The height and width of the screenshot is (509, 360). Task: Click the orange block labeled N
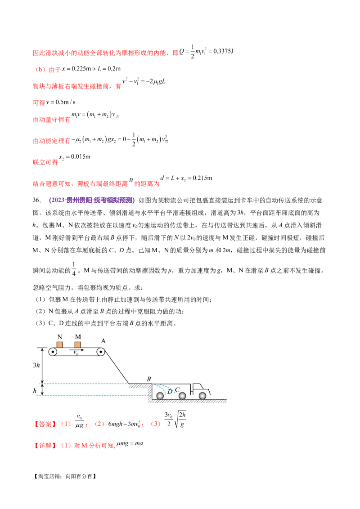(60, 344)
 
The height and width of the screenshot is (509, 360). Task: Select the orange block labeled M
(78, 344)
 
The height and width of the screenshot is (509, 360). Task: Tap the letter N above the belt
(60, 337)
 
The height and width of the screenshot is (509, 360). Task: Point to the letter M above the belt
(78, 337)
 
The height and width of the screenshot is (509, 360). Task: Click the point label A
(103, 341)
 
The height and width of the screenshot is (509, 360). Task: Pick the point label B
(148, 379)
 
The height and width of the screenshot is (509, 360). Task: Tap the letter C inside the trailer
(177, 389)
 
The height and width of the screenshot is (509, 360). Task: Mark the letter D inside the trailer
(170, 392)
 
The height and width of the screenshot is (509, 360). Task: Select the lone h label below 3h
(35, 391)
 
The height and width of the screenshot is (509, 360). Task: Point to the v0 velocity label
(75, 353)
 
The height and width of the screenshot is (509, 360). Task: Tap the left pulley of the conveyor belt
(54, 353)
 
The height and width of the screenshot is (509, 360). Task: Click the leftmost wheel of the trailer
(160, 396)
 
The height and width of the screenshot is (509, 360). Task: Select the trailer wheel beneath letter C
(182, 396)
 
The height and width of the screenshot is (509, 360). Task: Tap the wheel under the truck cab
(202, 396)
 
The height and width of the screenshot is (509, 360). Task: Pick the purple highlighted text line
(92, 200)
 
